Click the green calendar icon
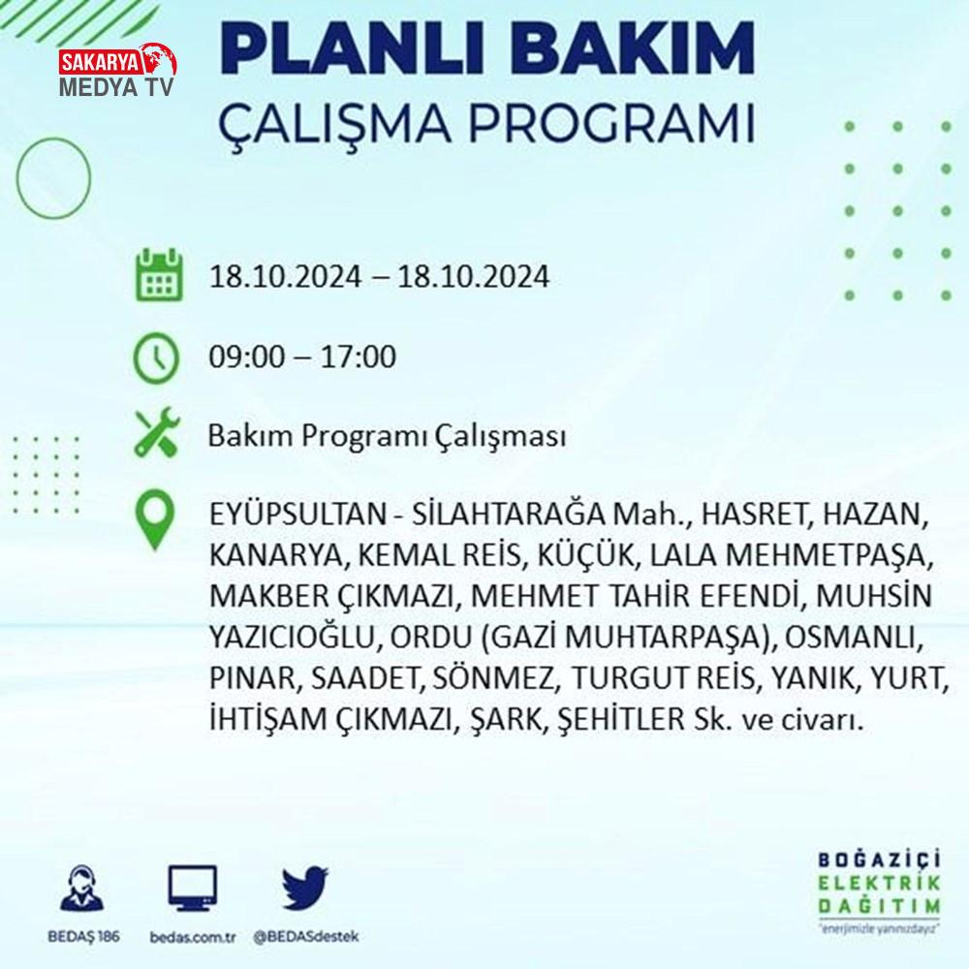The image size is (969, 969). pyautogui.click(x=159, y=274)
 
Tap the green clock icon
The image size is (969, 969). pyautogui.click(x=156, y=358)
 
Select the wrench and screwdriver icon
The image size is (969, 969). pyautogui.click(x=157, y=432)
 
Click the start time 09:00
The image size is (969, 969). pyautogui.click(x=248, y=358)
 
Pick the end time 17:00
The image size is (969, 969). pyautogui.click(x=358, y=358)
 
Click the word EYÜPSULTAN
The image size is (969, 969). pyautogui.click(x=297, y=515)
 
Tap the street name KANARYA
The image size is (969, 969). pyautogui.click(x=275, y=555)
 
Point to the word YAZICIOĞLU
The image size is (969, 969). pyautogui.click(x=292, y=638)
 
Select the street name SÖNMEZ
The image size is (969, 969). pyautogui.click(x=492, y=677)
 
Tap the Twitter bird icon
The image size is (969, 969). pyautogui.click(x=305, y=888)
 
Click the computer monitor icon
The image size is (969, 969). pyautogui.click(x=193, y=889)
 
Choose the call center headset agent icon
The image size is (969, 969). pyautogui.click(x=82, y=888)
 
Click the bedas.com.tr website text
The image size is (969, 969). pyautogui.click(x=193, y=937)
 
